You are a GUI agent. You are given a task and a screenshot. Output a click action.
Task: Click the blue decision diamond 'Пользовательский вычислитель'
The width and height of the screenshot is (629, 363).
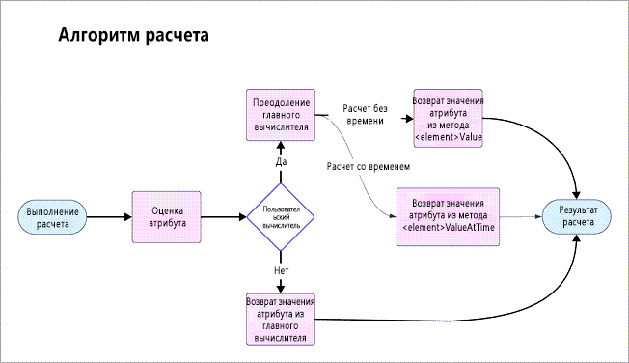click(x=281, y=216)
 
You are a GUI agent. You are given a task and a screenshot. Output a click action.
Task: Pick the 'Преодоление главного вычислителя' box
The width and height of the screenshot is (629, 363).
click(x=281, y=112)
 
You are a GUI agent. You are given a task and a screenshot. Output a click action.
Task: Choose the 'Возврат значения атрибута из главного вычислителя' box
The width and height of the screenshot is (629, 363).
click(x=281, y=319)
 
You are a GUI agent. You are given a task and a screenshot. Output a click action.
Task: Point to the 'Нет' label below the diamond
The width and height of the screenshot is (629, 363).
click(x=282, y=270)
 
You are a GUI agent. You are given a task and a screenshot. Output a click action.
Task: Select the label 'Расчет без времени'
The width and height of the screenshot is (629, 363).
click(x=364, y=115)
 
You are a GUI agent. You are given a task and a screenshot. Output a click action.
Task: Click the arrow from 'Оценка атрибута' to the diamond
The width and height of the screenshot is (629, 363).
click(x=226, y=216)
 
